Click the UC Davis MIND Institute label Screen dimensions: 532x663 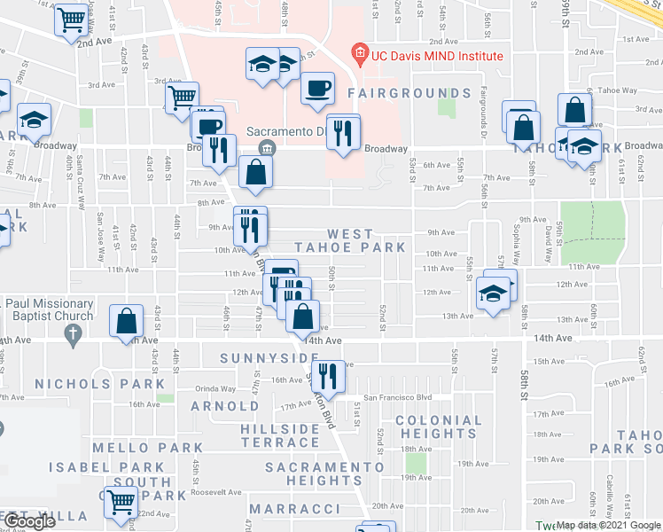click(x=437, y=56)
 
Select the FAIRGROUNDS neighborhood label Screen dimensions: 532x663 click(x=409, y=93)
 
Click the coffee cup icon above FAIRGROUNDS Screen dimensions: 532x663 click(x=317, y=88)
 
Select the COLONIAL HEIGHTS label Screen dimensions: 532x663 click(x=439, y=426)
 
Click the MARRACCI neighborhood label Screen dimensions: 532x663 click(x=294, y=509)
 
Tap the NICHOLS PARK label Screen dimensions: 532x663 click(x=99, y=384)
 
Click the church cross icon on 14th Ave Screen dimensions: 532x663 click(x=73, y=334)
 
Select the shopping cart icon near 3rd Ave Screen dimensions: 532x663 click(x=182, y=97)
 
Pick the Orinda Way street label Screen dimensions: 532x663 click(x=216, y=388)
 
